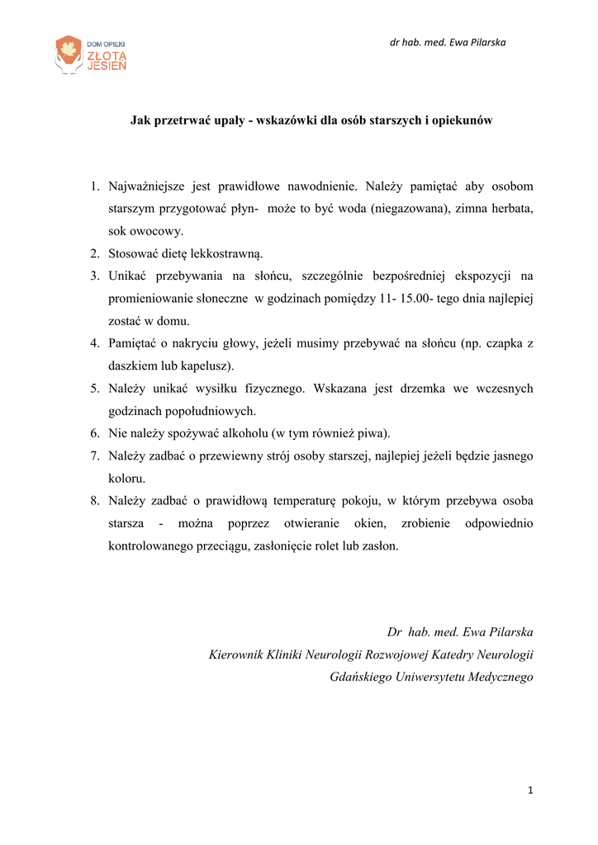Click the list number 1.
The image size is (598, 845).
pos(95,187)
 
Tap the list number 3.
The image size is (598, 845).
pos(95,276)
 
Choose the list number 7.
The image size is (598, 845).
pos(95,456)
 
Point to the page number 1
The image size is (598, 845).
pos(530,792)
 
